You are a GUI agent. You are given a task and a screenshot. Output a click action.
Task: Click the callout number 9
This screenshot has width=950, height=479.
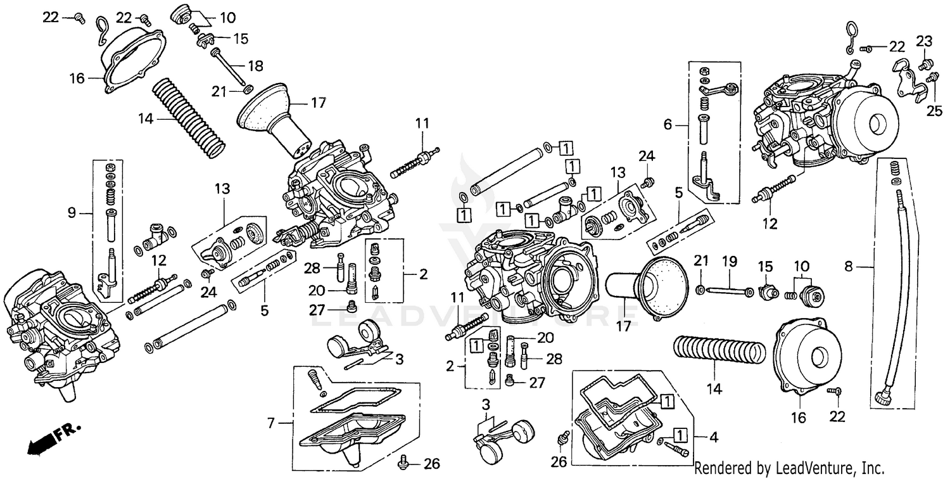71,214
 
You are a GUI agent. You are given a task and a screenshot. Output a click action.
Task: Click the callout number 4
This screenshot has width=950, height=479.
713,437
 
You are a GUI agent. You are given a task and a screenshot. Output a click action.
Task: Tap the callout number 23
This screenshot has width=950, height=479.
924,42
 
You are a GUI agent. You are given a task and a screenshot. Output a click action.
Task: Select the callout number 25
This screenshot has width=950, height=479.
934,112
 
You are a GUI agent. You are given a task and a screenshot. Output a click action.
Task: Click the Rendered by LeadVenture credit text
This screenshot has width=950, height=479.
788,468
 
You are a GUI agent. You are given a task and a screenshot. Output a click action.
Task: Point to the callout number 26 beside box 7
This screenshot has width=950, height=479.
431,464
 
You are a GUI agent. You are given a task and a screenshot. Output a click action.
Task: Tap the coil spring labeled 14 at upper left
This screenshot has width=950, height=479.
189,117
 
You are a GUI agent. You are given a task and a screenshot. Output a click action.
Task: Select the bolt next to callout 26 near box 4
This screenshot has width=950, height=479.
560,438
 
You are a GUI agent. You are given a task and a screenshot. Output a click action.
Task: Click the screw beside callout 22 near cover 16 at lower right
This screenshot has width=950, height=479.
837,393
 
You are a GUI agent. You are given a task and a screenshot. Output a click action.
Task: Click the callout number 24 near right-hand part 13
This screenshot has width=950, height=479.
646,156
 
